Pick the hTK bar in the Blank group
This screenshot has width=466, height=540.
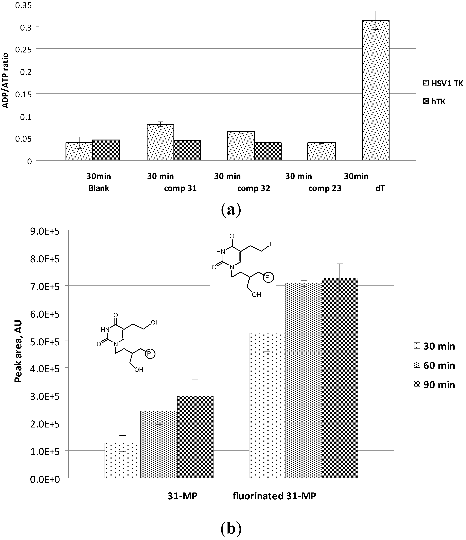tap(106, 150)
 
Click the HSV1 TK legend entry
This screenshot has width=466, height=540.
tap(443, 83)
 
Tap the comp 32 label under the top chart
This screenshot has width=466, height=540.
tap(254, 188)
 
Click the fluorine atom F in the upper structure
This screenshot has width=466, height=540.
tap(272, 244)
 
